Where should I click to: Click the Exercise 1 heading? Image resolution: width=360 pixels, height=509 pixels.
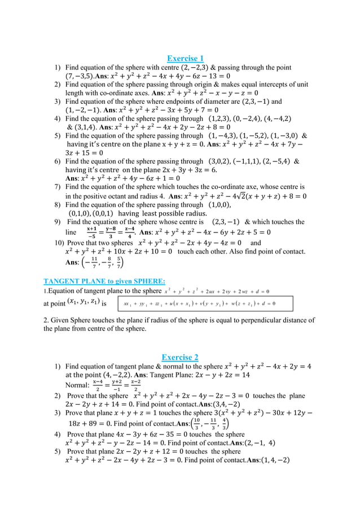(185, 58)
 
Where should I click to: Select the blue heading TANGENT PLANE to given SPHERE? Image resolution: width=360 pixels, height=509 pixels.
(104, 281)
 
